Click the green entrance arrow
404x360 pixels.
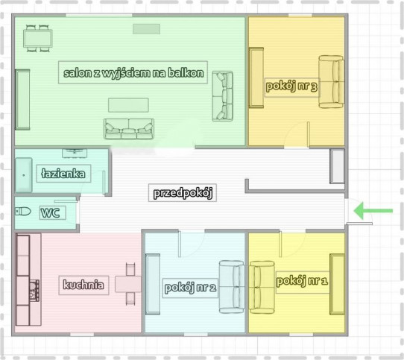coord(373,210)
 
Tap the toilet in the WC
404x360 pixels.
coord(23,212)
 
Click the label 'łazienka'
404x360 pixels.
coord(63,174)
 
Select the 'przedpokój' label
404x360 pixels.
coord(183,193)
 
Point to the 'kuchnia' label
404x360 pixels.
coord(83,285)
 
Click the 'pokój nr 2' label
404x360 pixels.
coord(190,288)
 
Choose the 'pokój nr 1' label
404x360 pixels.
coord(302,281)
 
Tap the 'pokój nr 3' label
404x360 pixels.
coord(291,86)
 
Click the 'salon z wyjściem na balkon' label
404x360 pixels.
coord(133,72)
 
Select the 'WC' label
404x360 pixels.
coord(50,213)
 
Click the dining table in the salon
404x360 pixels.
coord(38,39)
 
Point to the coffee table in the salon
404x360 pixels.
coord(128,105)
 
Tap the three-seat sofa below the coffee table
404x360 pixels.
coord(129,129)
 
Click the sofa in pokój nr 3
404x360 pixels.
coord(332,82)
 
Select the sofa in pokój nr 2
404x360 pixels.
coord(232,287)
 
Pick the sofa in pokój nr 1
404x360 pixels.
coord(262,288)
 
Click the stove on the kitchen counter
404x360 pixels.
coord(34,291)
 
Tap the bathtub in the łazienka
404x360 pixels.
coord(24,175)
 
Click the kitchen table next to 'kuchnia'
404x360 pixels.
coord(128,284)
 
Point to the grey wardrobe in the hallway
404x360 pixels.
coord(337,166)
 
